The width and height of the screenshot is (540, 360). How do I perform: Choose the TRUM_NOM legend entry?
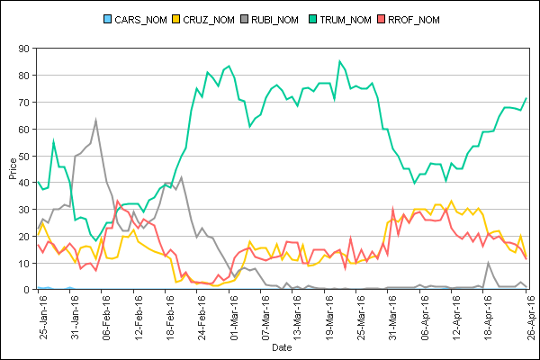click(x=365, y=20)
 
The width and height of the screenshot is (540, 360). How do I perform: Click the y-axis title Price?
click(x=12, y=168)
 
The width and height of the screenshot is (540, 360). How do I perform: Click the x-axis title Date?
click(x=282, y=346)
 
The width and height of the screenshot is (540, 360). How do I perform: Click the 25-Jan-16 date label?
click(x=44, y=315)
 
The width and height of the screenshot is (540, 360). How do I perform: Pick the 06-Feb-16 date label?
click(x=108, y=315)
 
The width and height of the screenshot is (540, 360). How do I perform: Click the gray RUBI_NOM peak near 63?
click(x=95, y=120)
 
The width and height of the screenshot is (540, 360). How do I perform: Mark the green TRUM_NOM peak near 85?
click(x=340, y=61)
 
